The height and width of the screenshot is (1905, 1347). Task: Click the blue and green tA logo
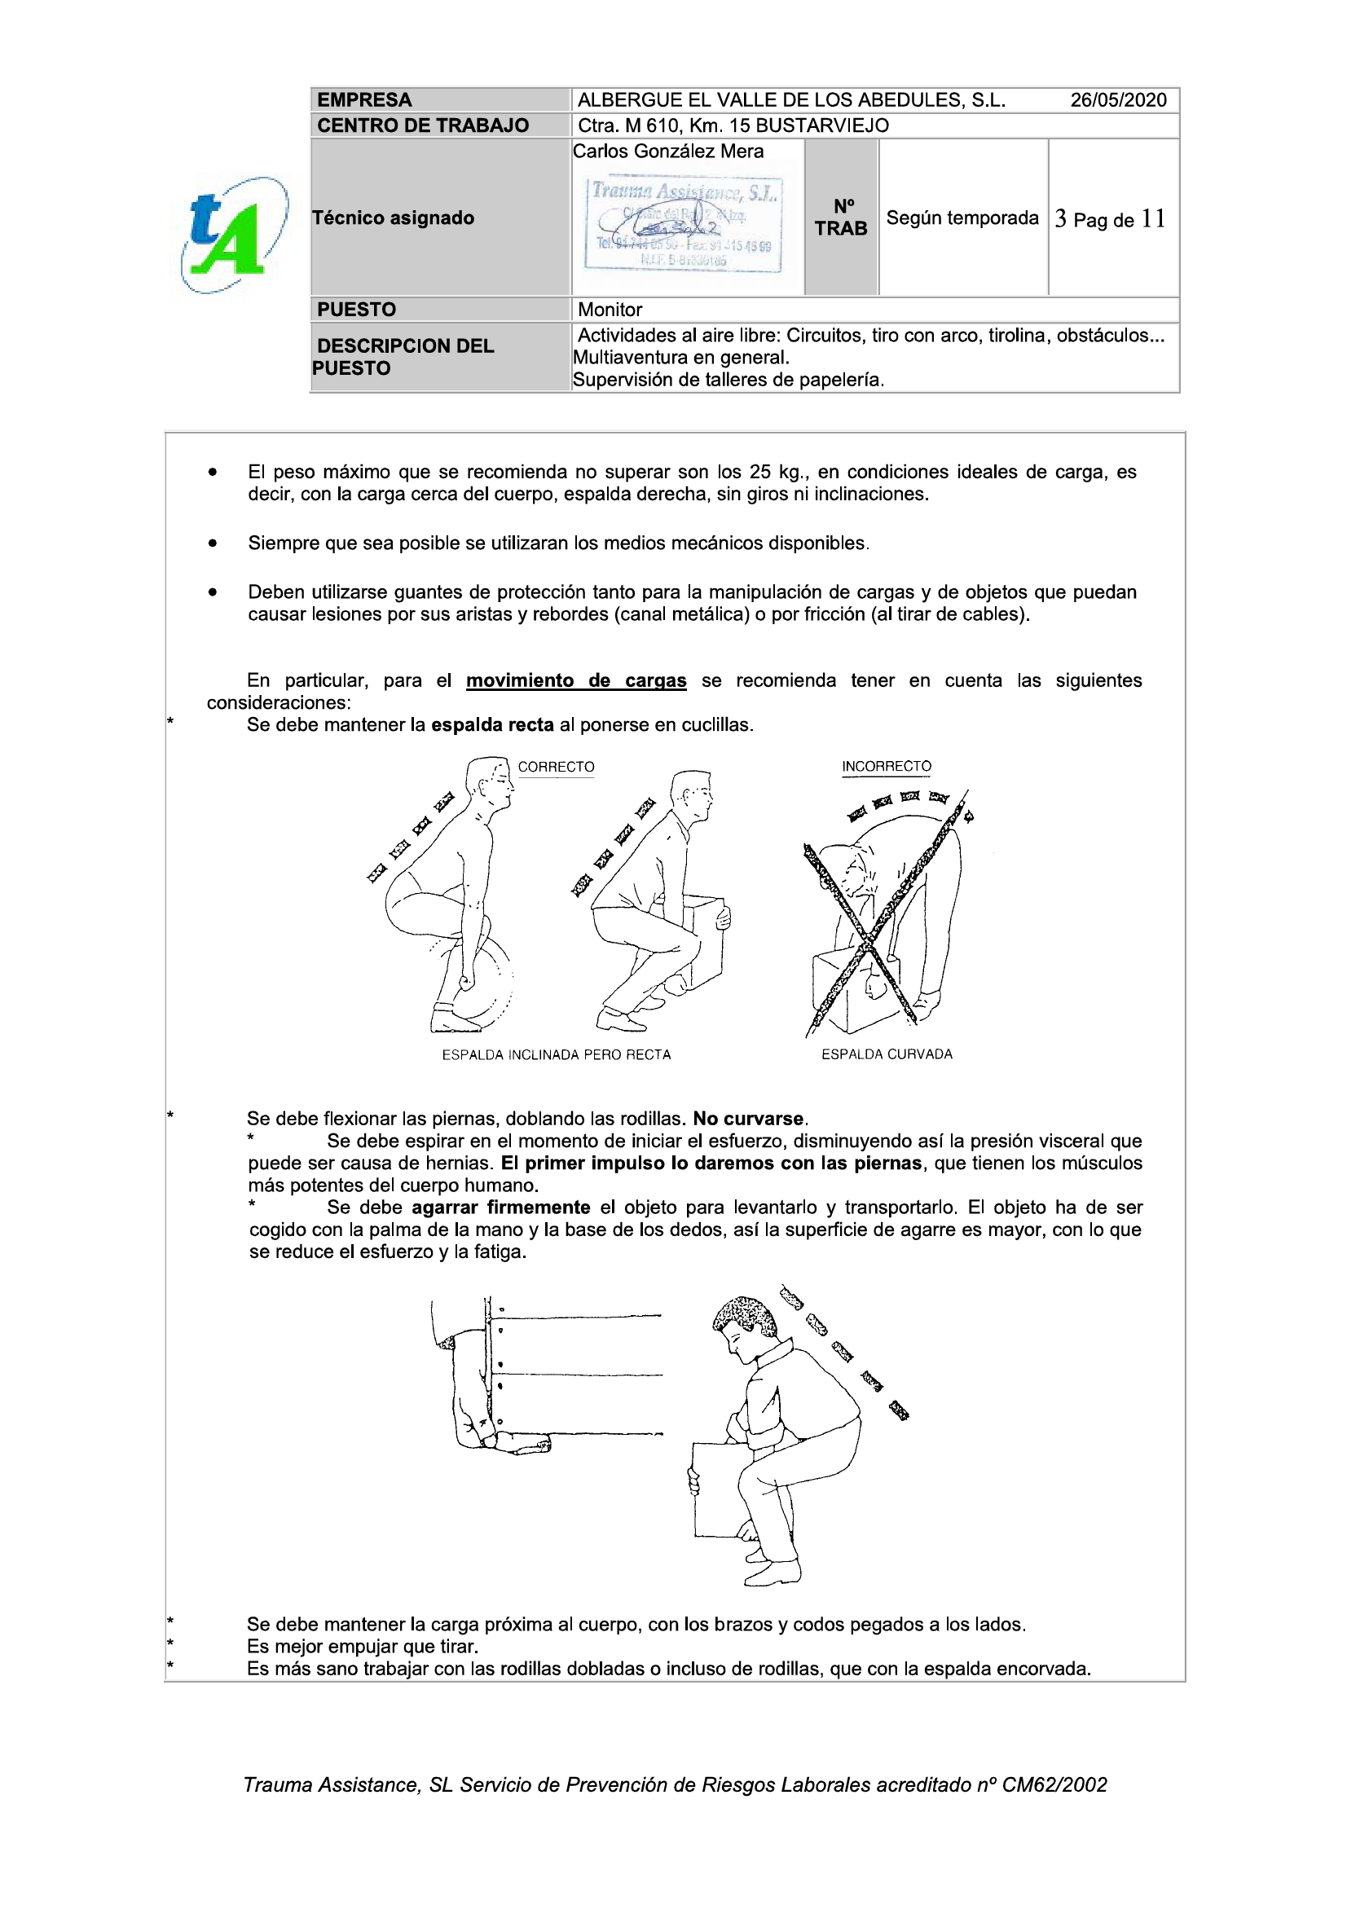233,235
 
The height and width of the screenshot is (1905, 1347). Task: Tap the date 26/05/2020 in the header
1117,100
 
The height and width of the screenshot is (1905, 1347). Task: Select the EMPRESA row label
363,100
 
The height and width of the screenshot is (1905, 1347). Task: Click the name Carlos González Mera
668,151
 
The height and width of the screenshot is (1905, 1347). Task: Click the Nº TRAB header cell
841,218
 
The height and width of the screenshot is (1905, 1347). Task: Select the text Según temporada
962,218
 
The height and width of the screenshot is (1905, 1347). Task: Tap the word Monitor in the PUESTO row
610,310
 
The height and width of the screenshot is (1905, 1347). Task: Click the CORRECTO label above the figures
556,767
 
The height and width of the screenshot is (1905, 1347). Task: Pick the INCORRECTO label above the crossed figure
887,766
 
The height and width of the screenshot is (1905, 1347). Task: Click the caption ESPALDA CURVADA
887,1054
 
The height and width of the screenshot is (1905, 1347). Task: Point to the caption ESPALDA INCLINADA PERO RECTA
556,1054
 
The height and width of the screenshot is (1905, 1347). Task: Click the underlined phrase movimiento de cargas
576,680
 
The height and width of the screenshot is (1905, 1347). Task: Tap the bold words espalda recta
492,724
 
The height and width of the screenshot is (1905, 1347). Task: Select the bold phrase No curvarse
749,1119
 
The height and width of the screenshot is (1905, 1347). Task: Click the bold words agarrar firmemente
500,1208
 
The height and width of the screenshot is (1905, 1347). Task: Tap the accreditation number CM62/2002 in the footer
1054,1784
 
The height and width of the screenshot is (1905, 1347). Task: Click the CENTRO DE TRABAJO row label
422,125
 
